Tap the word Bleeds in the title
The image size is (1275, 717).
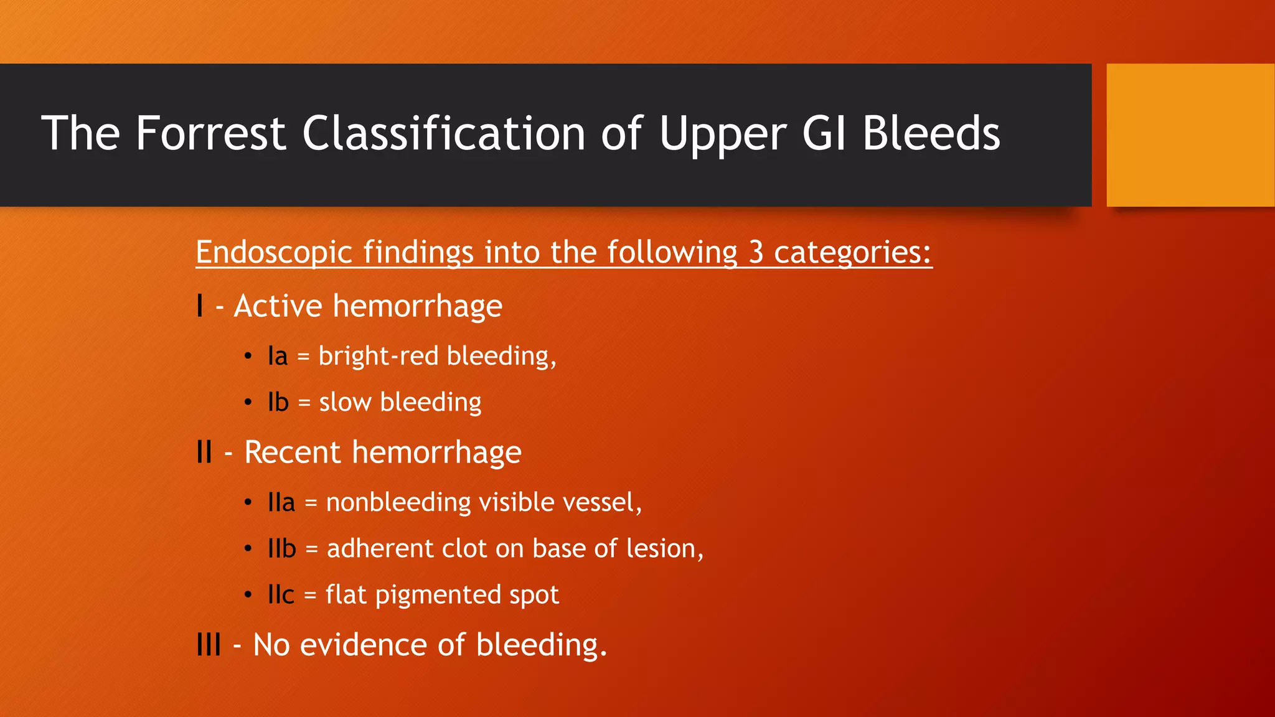pos(931,133)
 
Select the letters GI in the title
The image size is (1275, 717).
pos(824,133)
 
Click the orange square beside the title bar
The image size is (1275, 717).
pos(1190,135)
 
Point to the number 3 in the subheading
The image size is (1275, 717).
pos(756,252)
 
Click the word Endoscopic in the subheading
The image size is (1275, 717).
pos(274,252)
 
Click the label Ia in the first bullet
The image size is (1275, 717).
pos(278,357)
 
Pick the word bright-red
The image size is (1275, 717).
pos(380,356)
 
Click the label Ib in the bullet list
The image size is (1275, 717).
pos(278,403)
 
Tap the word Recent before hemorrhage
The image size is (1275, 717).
pos(293,452)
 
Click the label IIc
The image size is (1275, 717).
pos(281,595)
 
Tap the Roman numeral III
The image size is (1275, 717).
pos(209,645)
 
